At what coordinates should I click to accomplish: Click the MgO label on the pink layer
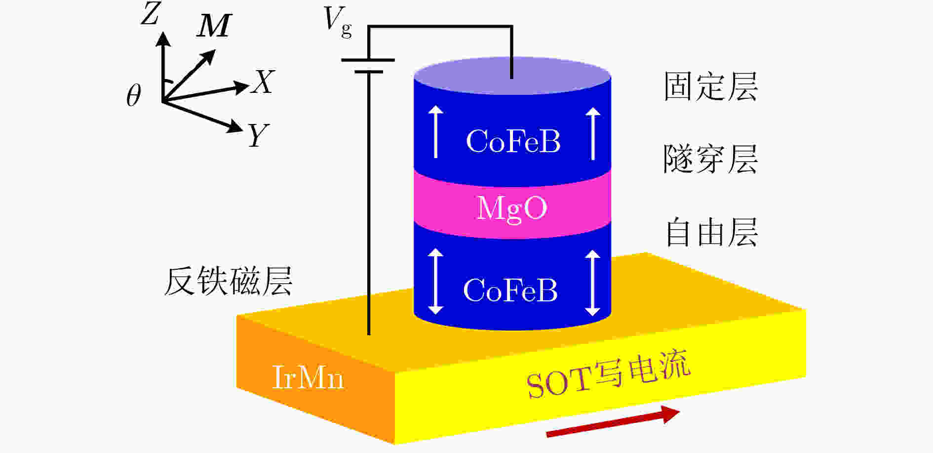512,208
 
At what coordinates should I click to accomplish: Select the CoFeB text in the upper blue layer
513,141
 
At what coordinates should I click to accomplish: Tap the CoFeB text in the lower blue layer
510,290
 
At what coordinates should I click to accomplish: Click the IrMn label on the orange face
308,378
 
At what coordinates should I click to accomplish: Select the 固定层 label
710,87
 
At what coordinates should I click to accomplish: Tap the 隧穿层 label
710,159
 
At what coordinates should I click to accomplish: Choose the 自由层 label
711,232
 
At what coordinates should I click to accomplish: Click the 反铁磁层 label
228,282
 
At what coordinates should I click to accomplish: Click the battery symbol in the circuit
368,66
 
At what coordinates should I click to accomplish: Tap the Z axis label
151,13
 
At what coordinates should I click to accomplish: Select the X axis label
263,82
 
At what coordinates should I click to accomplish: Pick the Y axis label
258,135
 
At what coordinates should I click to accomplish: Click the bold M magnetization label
214,26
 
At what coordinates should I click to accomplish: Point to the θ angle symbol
133,95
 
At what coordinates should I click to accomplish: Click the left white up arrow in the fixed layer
435,132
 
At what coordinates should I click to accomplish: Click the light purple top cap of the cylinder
512,76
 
